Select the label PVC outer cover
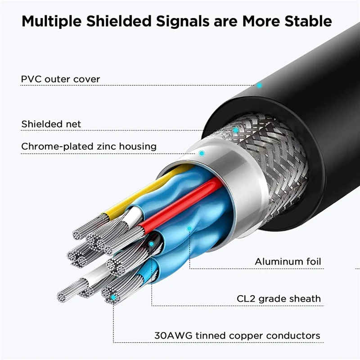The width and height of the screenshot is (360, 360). pos(60,79)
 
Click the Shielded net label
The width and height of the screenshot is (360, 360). pos(51,124)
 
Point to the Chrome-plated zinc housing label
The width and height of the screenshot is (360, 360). pos(89,146)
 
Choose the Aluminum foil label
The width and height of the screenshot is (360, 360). pos(288,261)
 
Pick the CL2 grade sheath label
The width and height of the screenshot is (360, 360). pos(279,298)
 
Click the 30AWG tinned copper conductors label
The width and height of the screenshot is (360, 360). pos(237,336)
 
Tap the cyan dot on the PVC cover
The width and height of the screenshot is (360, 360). pos(259,85)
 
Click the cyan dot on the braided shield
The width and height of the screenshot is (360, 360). pos(235,130)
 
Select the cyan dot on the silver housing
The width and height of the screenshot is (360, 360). pos(202,153)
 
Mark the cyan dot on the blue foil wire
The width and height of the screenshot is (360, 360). pos(189,229)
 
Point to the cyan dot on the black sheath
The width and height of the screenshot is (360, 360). pos(152,244)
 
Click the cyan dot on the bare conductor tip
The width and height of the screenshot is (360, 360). pos(113,297)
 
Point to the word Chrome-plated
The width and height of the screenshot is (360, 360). pos(51,146)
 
